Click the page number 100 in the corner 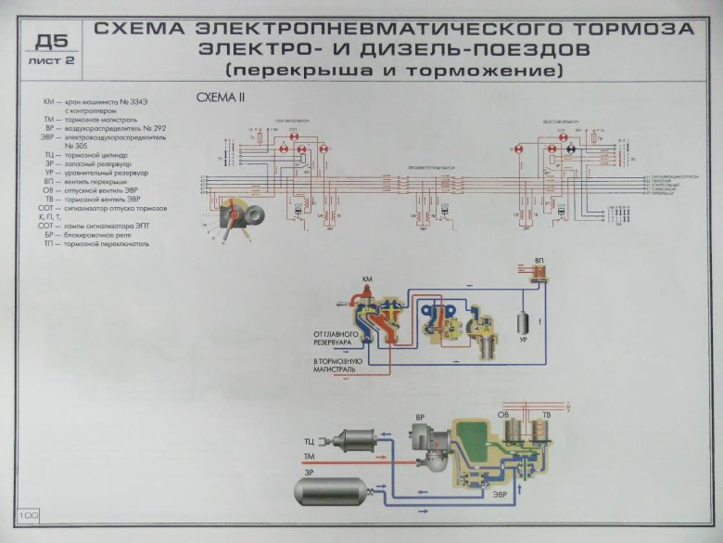click(x=26, y=513)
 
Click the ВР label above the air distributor click(x=420, y=418)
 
